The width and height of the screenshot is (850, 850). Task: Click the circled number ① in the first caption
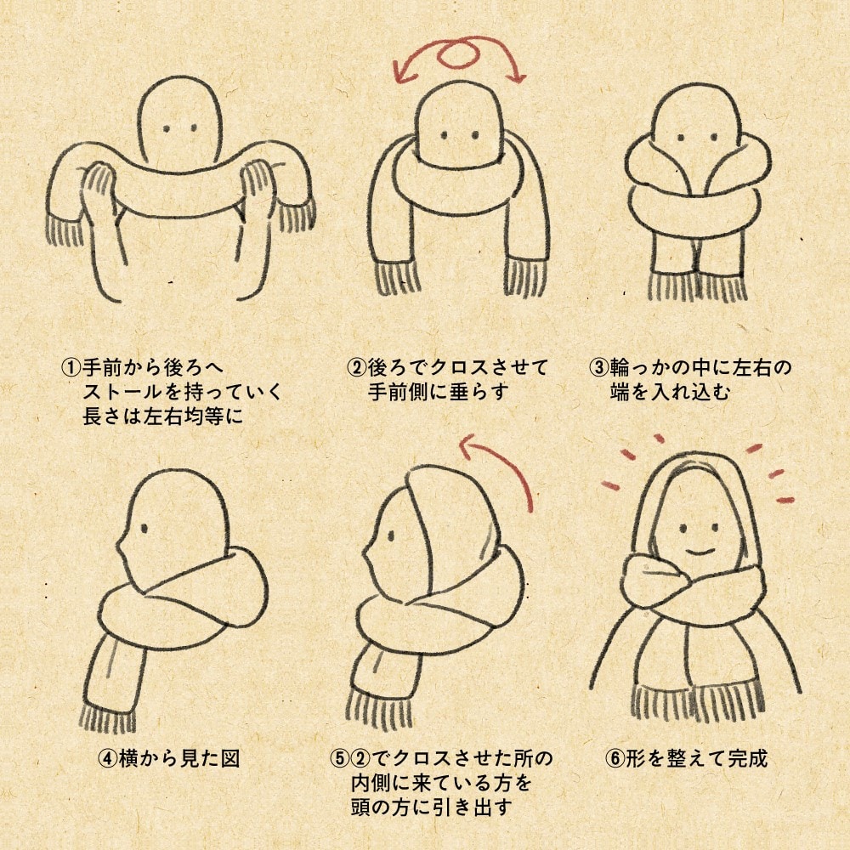click(70, 369)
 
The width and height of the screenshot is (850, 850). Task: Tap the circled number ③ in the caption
click(600, 369)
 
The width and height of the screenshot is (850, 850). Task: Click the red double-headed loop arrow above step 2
click(460, 56)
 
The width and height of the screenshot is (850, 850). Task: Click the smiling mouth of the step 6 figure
click(700, 550)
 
